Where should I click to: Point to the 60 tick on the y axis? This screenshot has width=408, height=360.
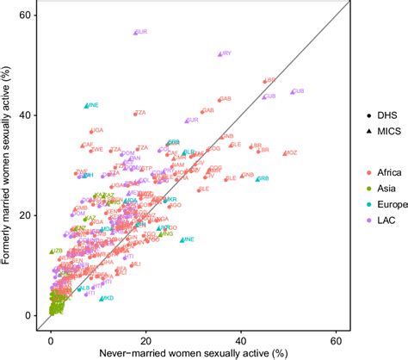[28, 16]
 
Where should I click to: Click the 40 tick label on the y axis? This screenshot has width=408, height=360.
[28, 115]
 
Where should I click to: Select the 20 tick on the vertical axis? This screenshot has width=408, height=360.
[28, 215]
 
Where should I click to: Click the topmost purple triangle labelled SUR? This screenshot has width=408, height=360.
[135, 32]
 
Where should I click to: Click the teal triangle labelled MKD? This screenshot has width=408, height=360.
[102, 298]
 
